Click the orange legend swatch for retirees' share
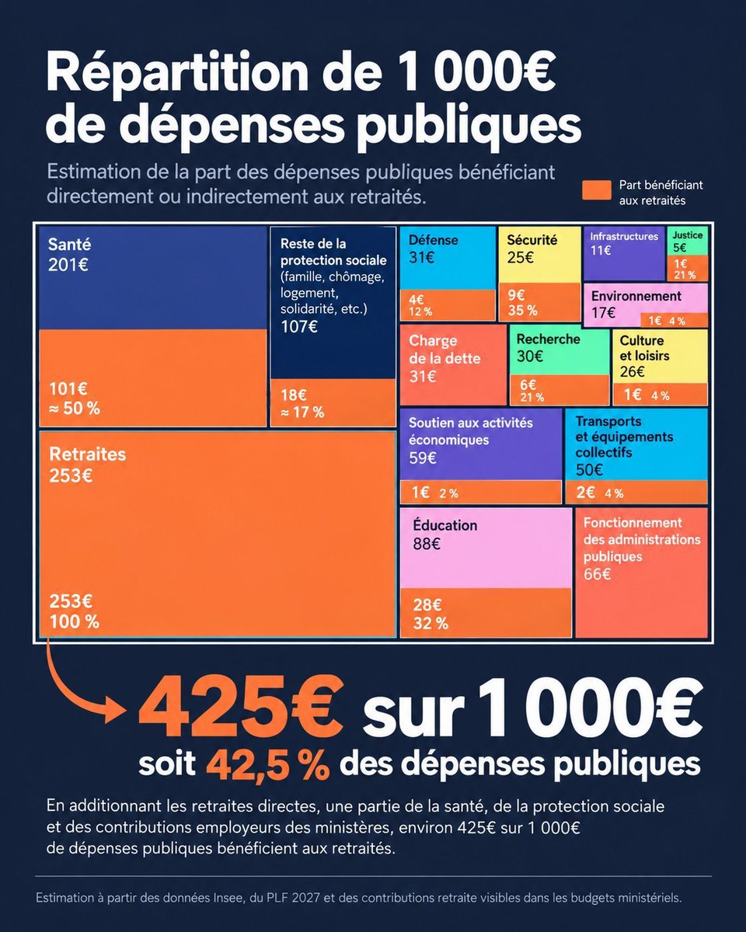pyautogui.click(x=597, y=190)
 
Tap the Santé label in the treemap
pyautogui.click(x=69, y=244)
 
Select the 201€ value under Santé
pyautogui.click(x=68, y=265)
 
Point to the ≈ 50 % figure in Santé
pyautogui.click(x=74, y=409)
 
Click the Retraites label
pyautogui.click(x=88, y=454)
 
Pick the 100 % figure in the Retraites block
pyautogui.click(x=74, y=622)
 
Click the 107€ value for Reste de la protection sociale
pyautogui.click(x=299, y=326)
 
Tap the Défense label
pyautogui.click(x=433, y=240)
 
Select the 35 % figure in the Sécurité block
pyautogui.click(x=523, y=311)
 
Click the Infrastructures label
pyautogui.click(x=624, y=236)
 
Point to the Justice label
pyautogui.click(x=688, y=235)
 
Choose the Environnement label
pyautogui.click(x=636, y=296)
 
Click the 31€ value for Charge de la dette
pyautogui.click(x=422, y=377)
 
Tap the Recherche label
pyautogui.click(x=549, y=339)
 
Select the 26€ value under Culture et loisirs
pyautogui.click(x=632, y=371)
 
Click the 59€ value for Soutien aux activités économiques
pyautogui.click(x=422, y=457)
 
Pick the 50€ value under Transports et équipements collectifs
pyautogui.click(x=589, y=470)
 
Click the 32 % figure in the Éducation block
pyautogui.click(x=431, y=624)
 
